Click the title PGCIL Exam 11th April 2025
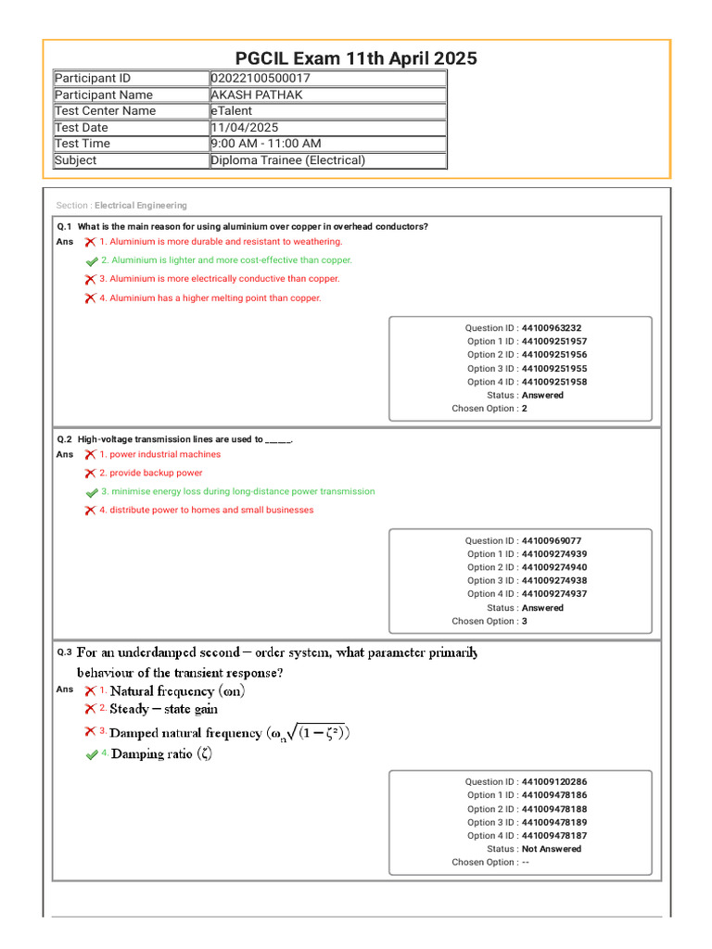[x=356, y=58]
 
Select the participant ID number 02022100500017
[x=261, y=79]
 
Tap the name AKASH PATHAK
[x=257, y=95]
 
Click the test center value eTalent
[x=232, y=111]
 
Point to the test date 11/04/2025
[x=245, y=128]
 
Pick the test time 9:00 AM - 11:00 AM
[x=266, y=144]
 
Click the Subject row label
[x=76, y=160]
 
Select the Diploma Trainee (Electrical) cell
[x=288, y=160]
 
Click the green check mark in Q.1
[x=91, y=261]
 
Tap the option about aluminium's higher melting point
[x=210, y=298]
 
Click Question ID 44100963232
[x=552, y=328]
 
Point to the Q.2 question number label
[x=65, y=439]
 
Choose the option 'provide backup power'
[x=150, y=473]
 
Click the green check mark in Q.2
[x=91, y=492]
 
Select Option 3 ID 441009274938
[x=553, y=581]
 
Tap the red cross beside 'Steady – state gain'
[x=90, y=709]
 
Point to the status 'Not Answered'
[x=552, y=849]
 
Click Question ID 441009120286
[x=553, y=782]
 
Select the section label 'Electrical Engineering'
[x=140, y=206]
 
